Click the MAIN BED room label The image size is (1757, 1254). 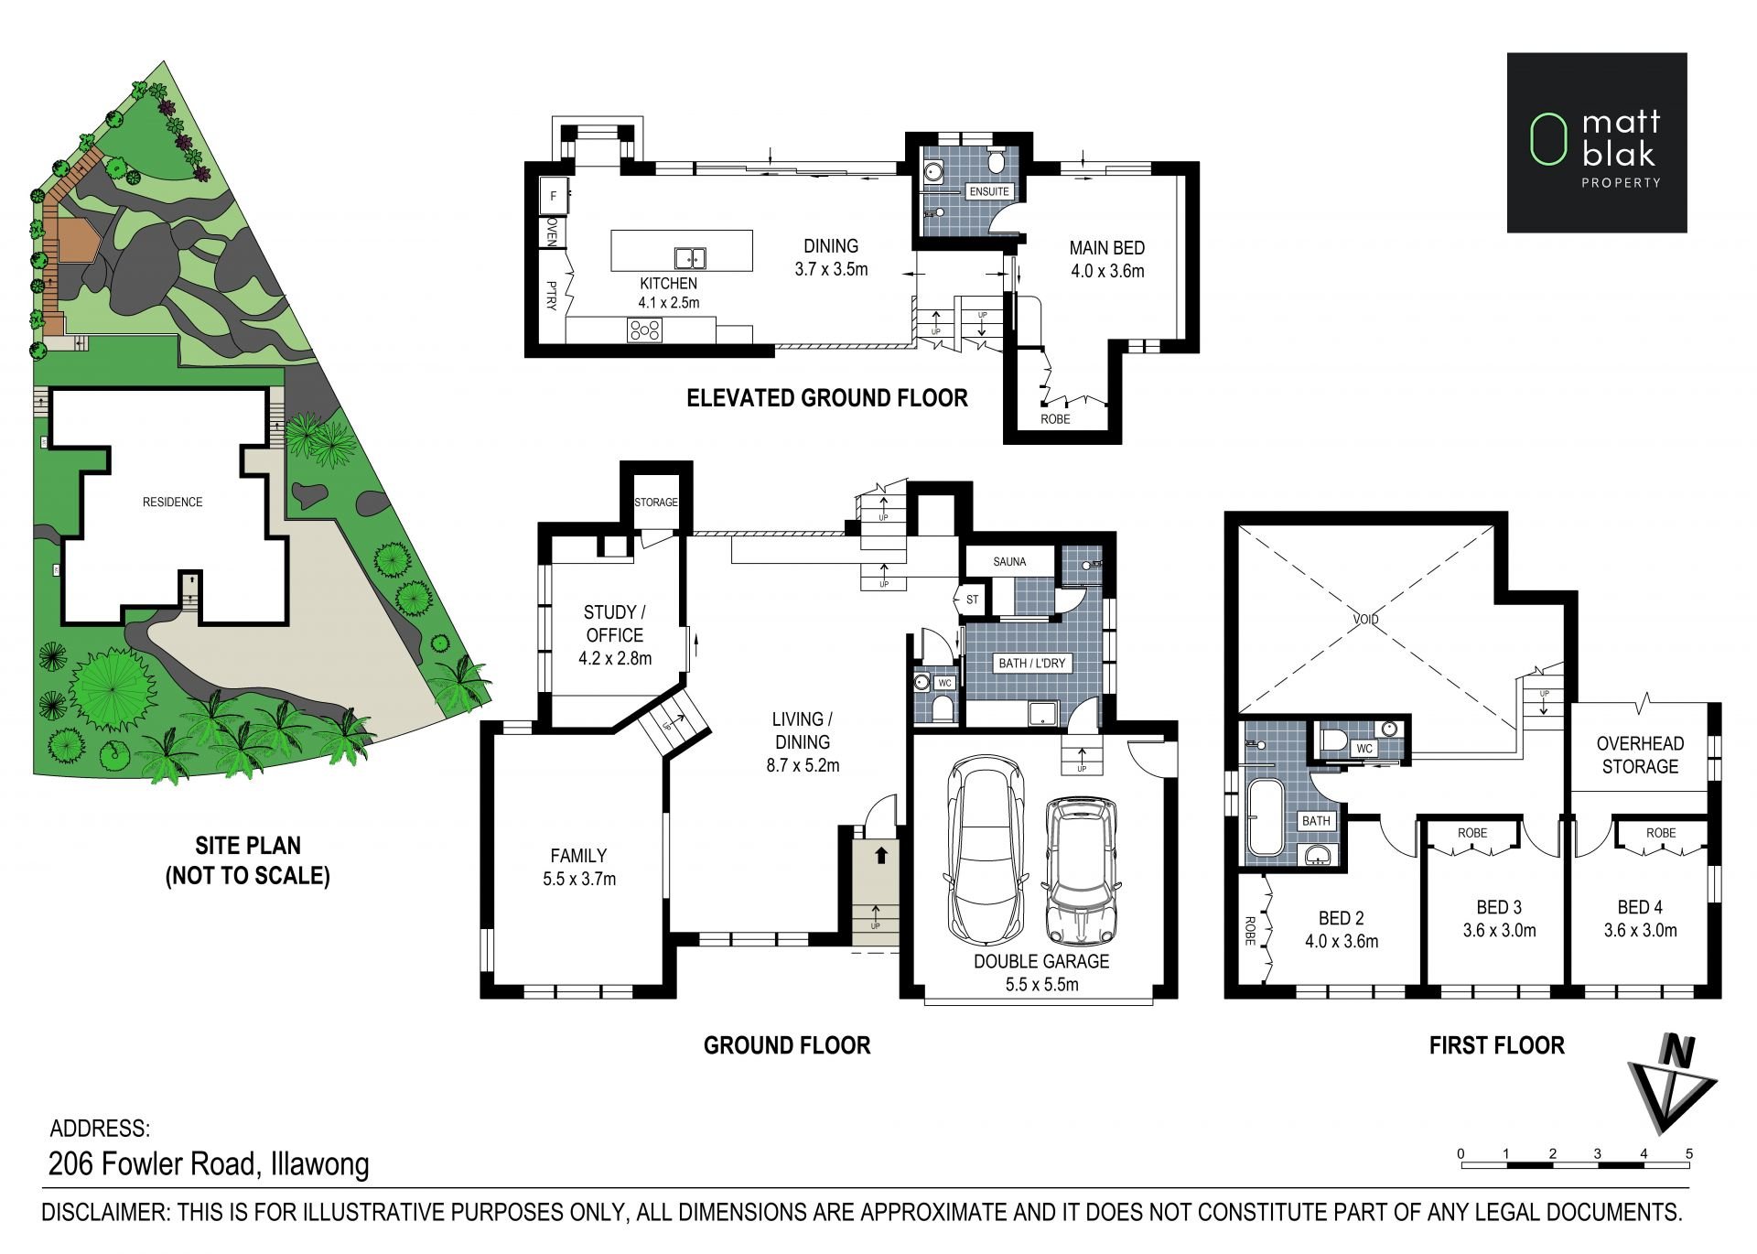pyautogui.click(x=1106, y=248)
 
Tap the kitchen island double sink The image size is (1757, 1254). pyautogui.click(x=689, y=258)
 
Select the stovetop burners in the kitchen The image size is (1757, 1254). pyautogui.click(x=644, y=330)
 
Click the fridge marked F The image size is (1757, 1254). pyautogui.click(x=553, y=196)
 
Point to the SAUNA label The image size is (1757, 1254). pyautogui.click(x=1009, y=562)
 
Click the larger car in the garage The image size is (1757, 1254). pyautogui.click(x=983, y=851)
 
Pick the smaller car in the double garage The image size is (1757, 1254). pyautogui.click(x=1081, y=870)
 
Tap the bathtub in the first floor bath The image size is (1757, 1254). pyautogui.click(x=1265, y=818)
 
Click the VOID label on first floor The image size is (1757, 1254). pyautogui.click(x=1365, y=620)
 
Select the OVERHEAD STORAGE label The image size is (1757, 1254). pyautogui.click(x=1640, y=755)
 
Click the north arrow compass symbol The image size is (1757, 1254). pyautogui.click(x=1671, y=1084)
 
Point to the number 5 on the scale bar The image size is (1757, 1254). pyautogui.click(x=1689, y=1153)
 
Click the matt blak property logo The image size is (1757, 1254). pyautogui.click(x=1597, y=142)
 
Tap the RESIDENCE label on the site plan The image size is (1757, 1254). pyautogui.click(x=172, y=502)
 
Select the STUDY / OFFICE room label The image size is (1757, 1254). pyautogui.click(x=614, y=623)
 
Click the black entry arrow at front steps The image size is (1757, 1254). pyautogui.click(x=880, y=856)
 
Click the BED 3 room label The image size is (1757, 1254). pyautogui.click(x=1499, y=907)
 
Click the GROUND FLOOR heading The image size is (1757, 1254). pyautogui.click(x=787, y=1045)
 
